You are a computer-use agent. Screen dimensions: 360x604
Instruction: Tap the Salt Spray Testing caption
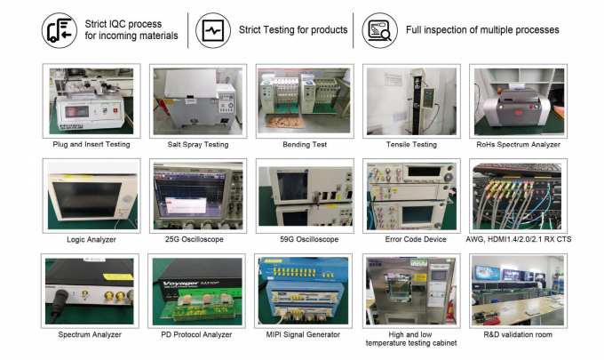(x=197, y=144)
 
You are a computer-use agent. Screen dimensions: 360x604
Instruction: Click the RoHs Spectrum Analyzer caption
(x=518, y=144)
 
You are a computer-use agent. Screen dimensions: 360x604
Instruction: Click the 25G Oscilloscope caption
(x=197, y=238)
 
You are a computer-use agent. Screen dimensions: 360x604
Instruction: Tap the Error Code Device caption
(x=411, y=238)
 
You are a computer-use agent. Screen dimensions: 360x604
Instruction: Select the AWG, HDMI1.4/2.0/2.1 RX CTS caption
(x=518, y=238)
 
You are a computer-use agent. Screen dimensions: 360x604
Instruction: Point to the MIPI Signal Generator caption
(x=304, y=334)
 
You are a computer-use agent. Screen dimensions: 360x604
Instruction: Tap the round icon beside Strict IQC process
(x=60, y=29)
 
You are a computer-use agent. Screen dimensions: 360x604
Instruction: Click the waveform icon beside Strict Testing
(x=213, y=29)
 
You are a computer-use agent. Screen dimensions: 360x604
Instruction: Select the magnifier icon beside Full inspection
(x=379, y=29)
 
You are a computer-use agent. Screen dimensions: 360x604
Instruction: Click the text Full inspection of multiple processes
(x=482, y=29)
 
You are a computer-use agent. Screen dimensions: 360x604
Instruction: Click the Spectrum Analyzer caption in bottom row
(x=91, y=334)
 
